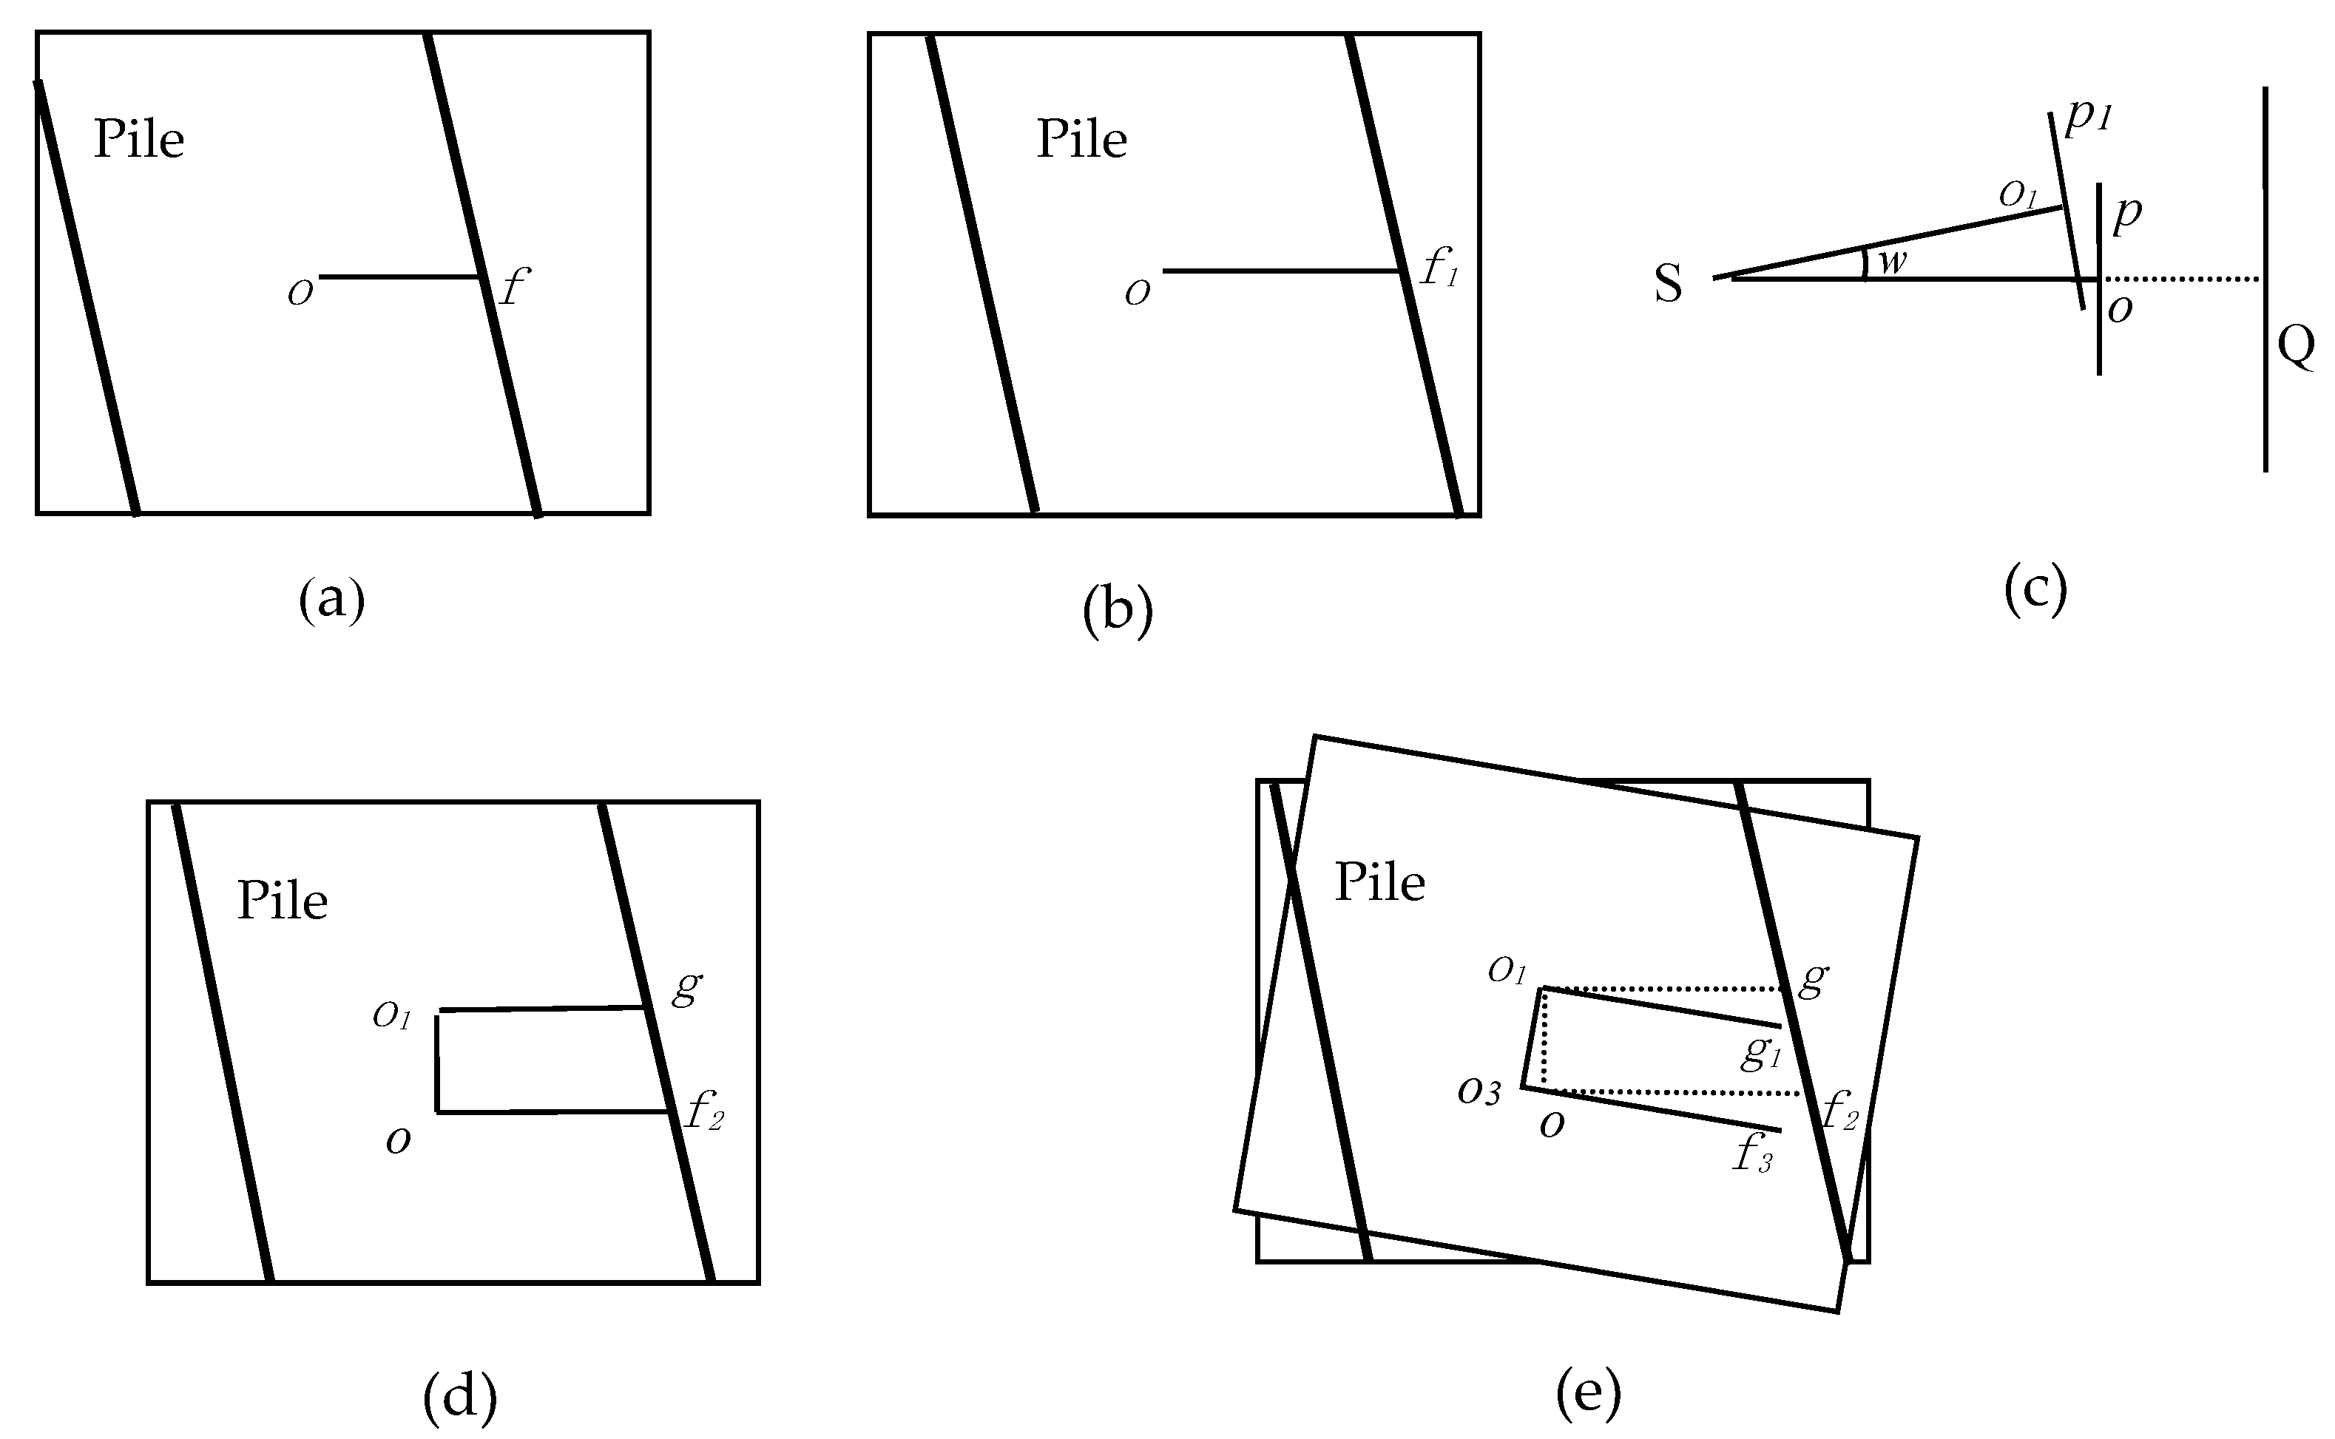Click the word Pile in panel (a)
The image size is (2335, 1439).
pos(139,140)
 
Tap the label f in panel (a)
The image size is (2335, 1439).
pos(513,285)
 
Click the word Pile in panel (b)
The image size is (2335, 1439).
pos(1081,140)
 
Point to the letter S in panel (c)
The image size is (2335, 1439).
pos(1668,285)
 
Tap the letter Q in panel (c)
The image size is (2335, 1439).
pos(2295,345)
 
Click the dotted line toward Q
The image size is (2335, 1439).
pos(2180,279)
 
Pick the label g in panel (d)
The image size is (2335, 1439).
pos(686,987)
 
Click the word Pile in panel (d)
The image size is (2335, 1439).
pos(282,901)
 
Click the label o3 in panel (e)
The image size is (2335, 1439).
pos(1479,1091)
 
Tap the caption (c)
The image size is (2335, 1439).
pos(2035,590)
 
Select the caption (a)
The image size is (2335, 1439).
pos(331,600)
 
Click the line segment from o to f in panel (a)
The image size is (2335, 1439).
pos(400,277)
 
